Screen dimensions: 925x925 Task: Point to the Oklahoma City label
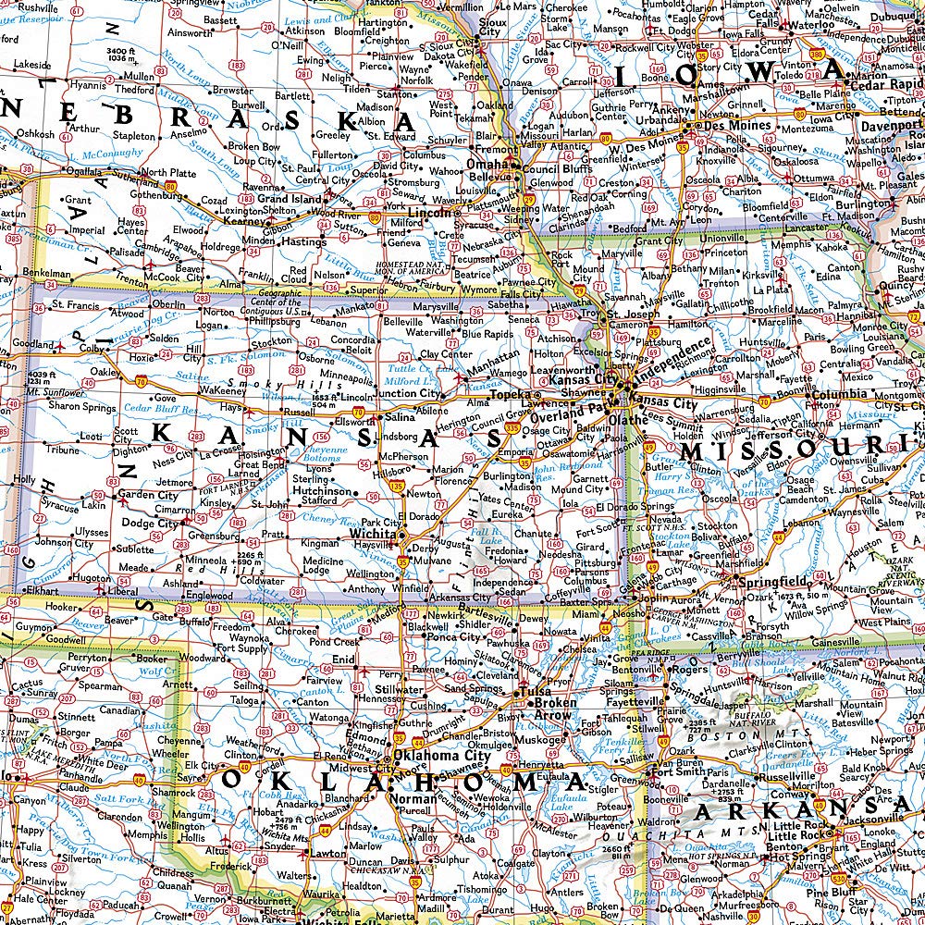pos(441,755)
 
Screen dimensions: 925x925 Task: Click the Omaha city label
pos(487,165)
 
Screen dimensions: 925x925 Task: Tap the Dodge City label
pos(149,524)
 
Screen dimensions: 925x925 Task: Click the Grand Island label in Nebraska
pos(288,199)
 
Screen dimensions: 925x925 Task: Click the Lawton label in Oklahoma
pos(327,855)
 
